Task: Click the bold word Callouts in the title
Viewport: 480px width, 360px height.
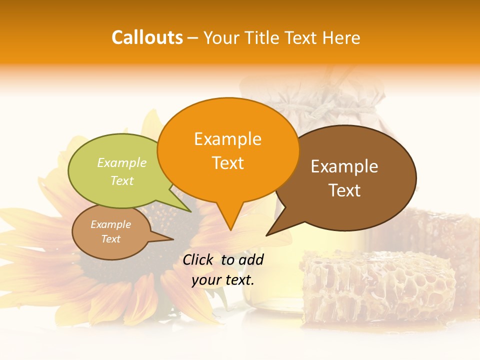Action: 147,37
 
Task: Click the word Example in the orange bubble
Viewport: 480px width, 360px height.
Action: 227,139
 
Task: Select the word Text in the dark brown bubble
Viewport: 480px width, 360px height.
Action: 344,190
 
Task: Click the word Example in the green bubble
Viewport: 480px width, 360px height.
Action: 122,162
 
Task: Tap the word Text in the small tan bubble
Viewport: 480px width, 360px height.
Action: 110,239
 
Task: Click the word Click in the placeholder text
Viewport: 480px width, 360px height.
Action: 198,259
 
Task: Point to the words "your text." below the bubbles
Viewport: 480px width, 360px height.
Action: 222,280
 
